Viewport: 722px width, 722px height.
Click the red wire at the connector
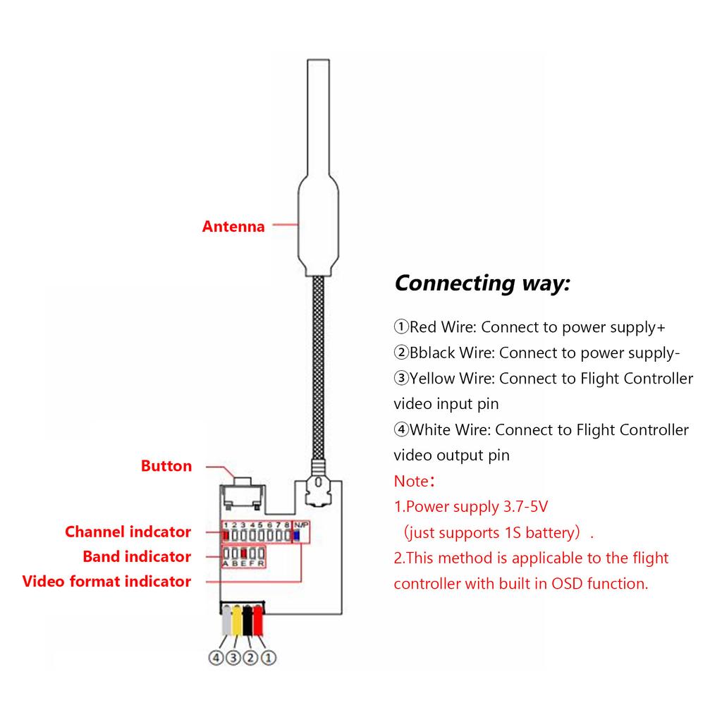click(259, 620)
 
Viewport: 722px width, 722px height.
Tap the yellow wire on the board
click(238, 620)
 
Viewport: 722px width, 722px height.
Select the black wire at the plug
click(248, 620)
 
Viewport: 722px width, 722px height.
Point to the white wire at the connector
click(227, 620)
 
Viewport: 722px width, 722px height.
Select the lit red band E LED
click(243, 553)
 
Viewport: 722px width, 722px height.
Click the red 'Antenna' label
click(233, 226)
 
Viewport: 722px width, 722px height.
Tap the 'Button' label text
click(166, 466)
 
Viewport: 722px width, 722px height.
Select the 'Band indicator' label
click(137, 556)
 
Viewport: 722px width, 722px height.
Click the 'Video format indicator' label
click(106, 581)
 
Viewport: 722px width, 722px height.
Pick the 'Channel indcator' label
click(128, 532)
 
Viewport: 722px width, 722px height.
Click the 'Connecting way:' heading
click(482, 283)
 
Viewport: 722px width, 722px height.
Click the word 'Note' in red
click(410, 482)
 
